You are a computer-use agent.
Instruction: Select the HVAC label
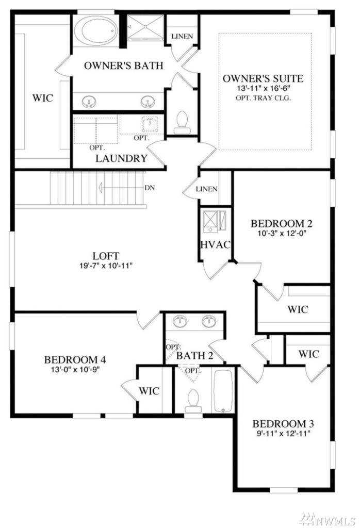click(x=216, y=244)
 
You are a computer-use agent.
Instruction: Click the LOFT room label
click(x=106, y=256)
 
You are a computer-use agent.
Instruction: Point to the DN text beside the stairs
click(x=150, y=188)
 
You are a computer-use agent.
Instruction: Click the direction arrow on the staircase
click(x=121, y=188)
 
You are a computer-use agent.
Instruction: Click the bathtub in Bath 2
click(x=223, y=392)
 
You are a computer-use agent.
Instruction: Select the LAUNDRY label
click(x=121, y=158)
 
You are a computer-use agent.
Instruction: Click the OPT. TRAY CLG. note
click(x=264, y=98)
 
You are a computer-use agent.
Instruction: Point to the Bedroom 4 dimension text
click(x=76, y=369)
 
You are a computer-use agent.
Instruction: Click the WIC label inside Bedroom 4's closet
click(x=149, y=391)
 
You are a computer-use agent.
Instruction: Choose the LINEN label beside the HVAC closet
click(x=206, y=189)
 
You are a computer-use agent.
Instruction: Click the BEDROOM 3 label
click(x=283, y=423)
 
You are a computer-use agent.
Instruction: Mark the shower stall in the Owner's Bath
click(x=145, y=28)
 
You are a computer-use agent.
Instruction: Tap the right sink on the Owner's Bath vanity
click(x=148, y=102)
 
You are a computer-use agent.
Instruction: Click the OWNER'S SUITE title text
click(x=263, y=78)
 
